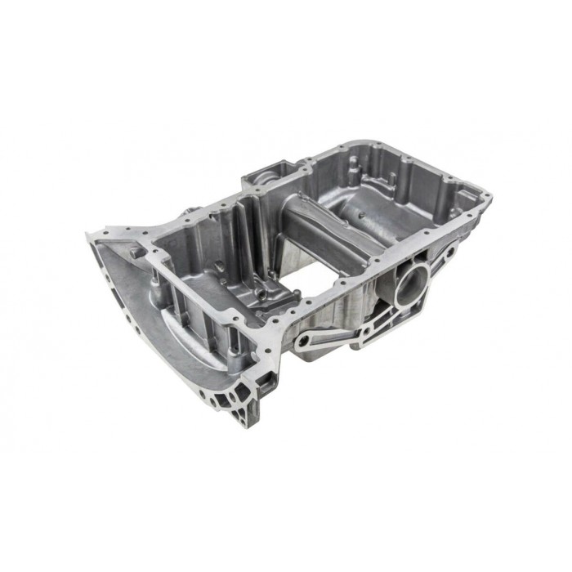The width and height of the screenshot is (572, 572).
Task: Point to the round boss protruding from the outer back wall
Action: (x=190, y=215)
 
